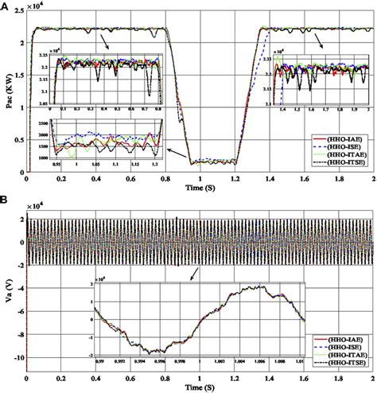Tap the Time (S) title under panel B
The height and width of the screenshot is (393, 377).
click(196, 388)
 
